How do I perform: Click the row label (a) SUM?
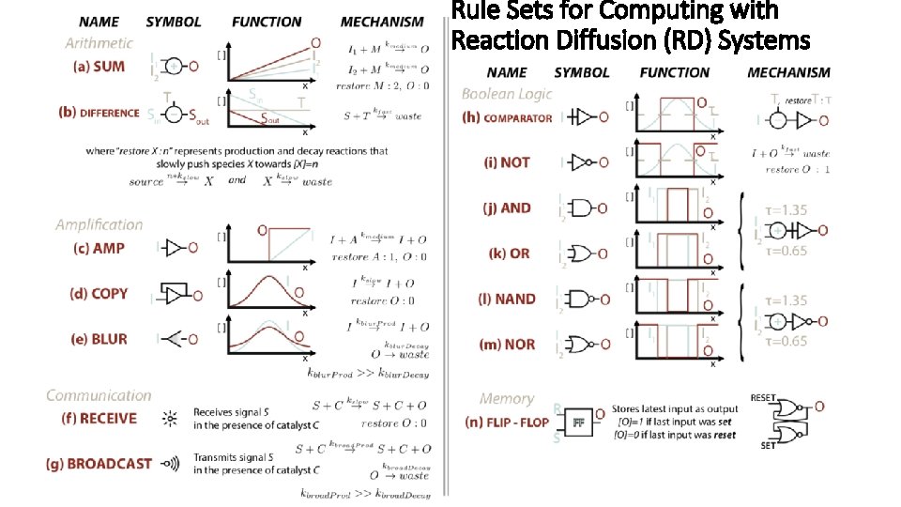pos(99,67)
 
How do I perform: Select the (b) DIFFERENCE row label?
pos(99,112)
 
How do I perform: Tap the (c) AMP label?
pos(99,248)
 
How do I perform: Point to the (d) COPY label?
pos(99,294)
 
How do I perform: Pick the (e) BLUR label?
pos(99,339)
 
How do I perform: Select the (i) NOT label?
pos(508,162)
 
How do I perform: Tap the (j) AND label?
pos(508,207)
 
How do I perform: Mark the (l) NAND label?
pos(508,299)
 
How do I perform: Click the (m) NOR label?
pos(508,345)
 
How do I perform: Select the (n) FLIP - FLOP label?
pos(507,422)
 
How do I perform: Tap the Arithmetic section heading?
pos(99,43)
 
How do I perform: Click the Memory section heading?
pos(507,399)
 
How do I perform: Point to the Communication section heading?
pos(99,395)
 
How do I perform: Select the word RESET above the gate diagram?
pos(763,398)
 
